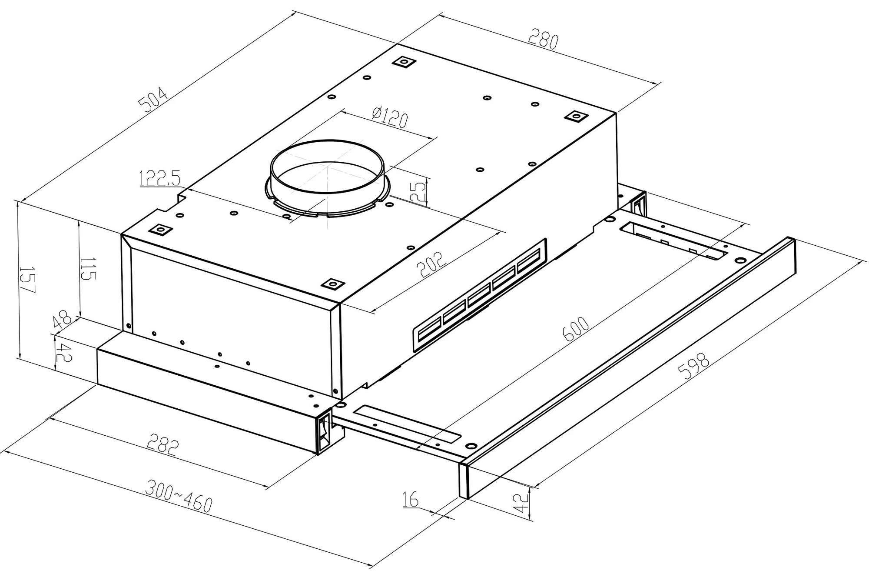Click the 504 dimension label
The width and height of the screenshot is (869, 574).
(152, 100)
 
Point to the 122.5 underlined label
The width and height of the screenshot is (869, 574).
(160, 179)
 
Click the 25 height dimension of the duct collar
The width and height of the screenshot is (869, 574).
(418, 191)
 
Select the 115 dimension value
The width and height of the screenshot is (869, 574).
(88, 269)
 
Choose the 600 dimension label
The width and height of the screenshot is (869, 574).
(576, 330)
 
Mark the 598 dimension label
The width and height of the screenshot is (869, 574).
(693, 367)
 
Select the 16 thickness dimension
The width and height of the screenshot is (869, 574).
(410, 500)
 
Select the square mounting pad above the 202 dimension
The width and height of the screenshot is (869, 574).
(332, 284)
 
